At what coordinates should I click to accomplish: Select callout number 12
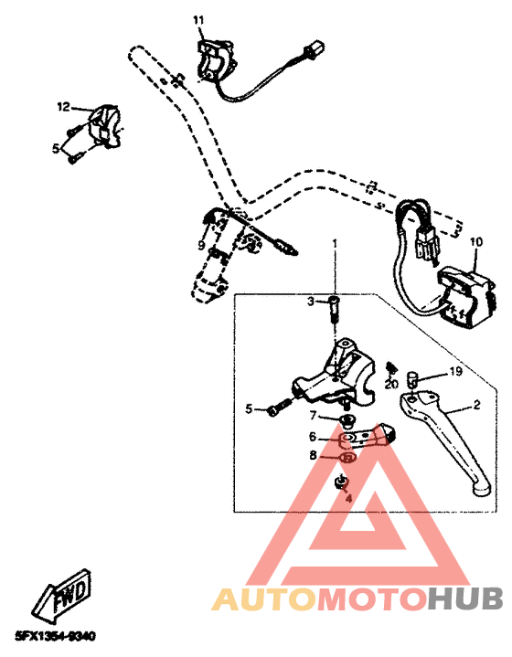(x=63, y=107)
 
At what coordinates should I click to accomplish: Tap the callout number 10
(x=475, y=243)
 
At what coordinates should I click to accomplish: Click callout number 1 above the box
(x=335, y=244)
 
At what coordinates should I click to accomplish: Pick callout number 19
(x=455, y=372)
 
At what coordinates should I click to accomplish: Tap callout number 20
(x=389, y=384)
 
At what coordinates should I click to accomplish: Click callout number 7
(x=312, y=416)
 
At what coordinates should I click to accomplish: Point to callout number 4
(x=347, y=499)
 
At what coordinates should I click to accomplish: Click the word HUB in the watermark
(x=465, y=599)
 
